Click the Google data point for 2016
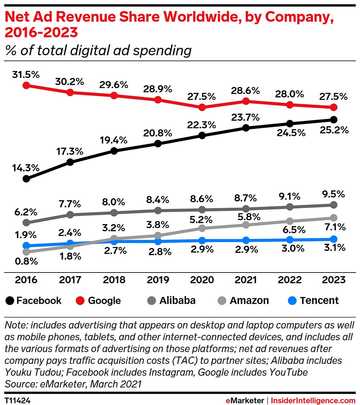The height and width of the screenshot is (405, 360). tap(26, 85)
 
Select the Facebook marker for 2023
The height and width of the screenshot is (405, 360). tap(333, 119)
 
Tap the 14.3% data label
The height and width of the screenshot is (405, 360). tap(26, 168)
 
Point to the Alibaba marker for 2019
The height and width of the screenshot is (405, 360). tap(158, 210)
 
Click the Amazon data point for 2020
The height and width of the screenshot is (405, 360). tap(202, 228)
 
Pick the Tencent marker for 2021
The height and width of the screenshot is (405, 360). tap(246, 240)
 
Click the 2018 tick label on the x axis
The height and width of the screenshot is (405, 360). tap(114, 280)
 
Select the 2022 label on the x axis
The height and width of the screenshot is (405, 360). tap(290, 280)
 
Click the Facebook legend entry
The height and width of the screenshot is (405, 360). tap(34, 300)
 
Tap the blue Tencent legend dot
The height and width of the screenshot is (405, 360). tap(292, 300)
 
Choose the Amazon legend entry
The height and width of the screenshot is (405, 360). tap(244, 300)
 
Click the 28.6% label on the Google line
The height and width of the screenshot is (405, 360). tap(245, 91)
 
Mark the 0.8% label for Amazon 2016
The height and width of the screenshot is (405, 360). tap(26, 261)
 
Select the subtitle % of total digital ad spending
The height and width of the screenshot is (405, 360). tap(98, 50)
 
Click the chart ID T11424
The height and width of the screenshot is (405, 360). tap(17, 400)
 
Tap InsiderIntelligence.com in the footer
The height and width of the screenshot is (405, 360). tap(313, 400)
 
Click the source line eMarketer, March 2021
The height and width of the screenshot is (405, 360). tap(73, 384)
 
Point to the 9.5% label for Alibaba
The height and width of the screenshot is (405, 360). tap(333, 194)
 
